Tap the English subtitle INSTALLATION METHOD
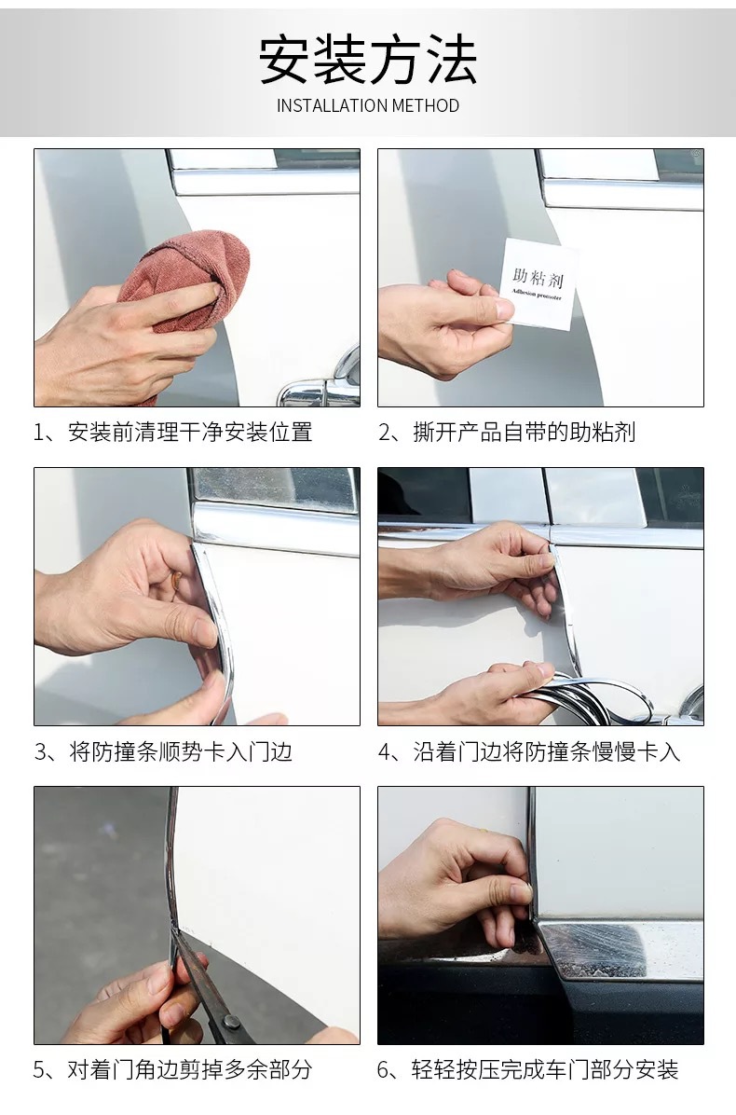pyautogui.click(x=368, y=106)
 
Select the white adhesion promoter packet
pyautogui.click(x=539, y=284)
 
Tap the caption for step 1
pyautogui.click(x=173, y=432)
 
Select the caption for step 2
pyautogui.click(x=507, y=432)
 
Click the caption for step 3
pyautogui.click(x=163, y=750)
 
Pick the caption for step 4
pyautogui.click(x=529, y=750)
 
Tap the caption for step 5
pyautogui.click(x=172, y=1068)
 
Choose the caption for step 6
pyautogui.click(x=528, y=1068)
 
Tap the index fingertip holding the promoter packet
pyautogui.click(x=504, y=309)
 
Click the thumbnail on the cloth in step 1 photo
pyautogui.click(x=206, y=291)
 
